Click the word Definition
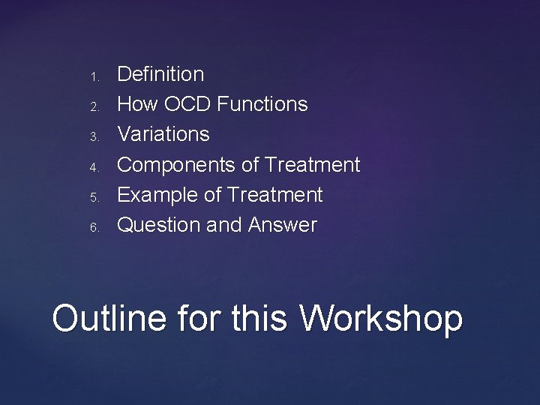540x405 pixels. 160,74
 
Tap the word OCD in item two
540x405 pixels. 185,104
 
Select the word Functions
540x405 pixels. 262,104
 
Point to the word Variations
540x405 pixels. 163,134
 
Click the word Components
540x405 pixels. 177,164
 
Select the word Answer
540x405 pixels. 283,225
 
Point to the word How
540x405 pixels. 135,104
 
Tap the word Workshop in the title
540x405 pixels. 381,318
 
